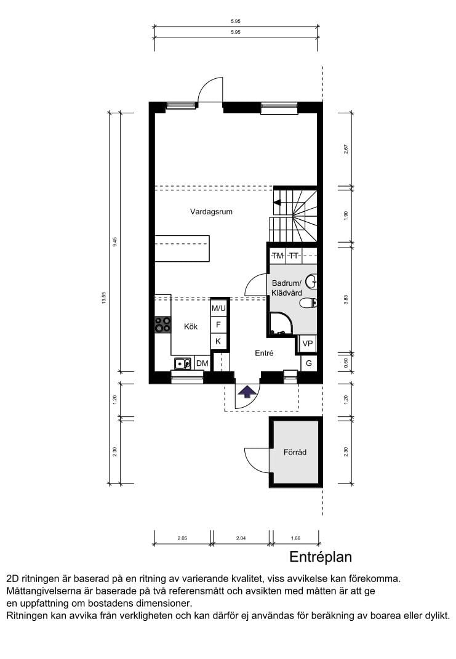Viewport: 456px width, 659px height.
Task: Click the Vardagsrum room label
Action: coord(211,212)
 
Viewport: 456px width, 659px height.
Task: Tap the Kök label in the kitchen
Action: coord(191,326)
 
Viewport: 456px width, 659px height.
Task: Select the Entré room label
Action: coord(264,353)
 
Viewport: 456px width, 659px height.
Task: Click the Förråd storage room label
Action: coord(295,452)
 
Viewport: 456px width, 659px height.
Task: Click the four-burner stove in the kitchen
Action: coord(162,325)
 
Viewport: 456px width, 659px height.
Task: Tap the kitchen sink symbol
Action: coord(183,363)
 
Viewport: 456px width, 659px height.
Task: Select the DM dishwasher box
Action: coord(202,363)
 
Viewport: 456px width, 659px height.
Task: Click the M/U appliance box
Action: coord(218,309)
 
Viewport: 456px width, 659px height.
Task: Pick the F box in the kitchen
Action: coord(218,325)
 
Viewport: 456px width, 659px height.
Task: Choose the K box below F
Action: coord(218,341)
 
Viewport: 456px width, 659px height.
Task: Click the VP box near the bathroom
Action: coord(308,344)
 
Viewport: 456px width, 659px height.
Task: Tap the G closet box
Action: coord(309,363)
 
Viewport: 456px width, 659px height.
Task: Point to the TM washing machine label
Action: coord(278,256)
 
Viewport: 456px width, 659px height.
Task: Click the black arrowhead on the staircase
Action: coord(277,203)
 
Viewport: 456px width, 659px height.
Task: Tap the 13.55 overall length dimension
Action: coord(104,298)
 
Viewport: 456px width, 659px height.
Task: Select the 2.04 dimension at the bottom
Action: coord(241,538)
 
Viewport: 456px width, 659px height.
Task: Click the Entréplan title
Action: coord(321,557)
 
